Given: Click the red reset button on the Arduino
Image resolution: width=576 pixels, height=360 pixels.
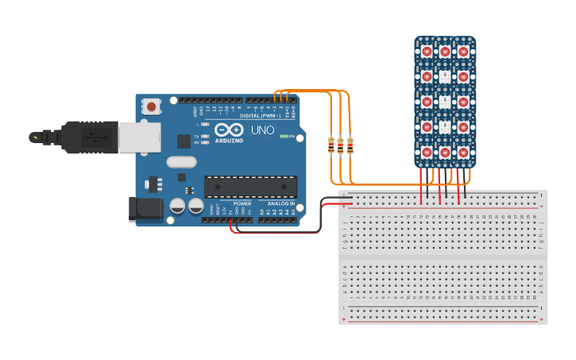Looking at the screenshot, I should click(x=152, y=105).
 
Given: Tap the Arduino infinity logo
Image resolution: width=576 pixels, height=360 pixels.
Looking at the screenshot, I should click(x=228, y=130).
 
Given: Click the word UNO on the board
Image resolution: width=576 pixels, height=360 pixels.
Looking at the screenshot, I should click(x=262, y=130).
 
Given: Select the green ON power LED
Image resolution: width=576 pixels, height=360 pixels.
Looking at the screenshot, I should click(x=283, y=137).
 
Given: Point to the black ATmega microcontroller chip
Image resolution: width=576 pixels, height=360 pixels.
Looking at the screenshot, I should click(x=250, y=187).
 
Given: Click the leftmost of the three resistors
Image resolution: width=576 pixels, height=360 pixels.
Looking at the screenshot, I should click(x=331, y=145).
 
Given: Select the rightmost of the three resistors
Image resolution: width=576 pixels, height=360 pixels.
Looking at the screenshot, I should click(x=350, y=145).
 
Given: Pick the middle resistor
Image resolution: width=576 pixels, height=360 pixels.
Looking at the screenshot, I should click(x=341, y=145).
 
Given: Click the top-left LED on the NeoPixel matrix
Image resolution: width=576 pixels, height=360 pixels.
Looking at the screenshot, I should click(x=427, y=52).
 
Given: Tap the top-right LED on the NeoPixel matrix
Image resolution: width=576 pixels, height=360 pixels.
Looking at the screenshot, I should click(x=463, y=52).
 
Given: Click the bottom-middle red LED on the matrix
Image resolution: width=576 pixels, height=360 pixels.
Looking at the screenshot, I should click(x=445, y=152).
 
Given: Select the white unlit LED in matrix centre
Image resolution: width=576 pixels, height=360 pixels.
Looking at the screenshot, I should click(x=445, y=102).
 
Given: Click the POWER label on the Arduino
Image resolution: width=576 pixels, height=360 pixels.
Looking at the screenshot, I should click(x=242, y=203).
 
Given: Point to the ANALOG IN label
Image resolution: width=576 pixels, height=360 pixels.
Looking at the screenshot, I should click(x=280, y=203).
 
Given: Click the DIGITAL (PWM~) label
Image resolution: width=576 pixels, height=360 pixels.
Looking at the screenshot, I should click(x=253, y=115).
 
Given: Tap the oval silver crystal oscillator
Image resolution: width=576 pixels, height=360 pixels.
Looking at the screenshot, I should click(x=181, y=162).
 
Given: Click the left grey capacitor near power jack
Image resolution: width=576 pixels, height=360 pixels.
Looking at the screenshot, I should click(x=177, y=206).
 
